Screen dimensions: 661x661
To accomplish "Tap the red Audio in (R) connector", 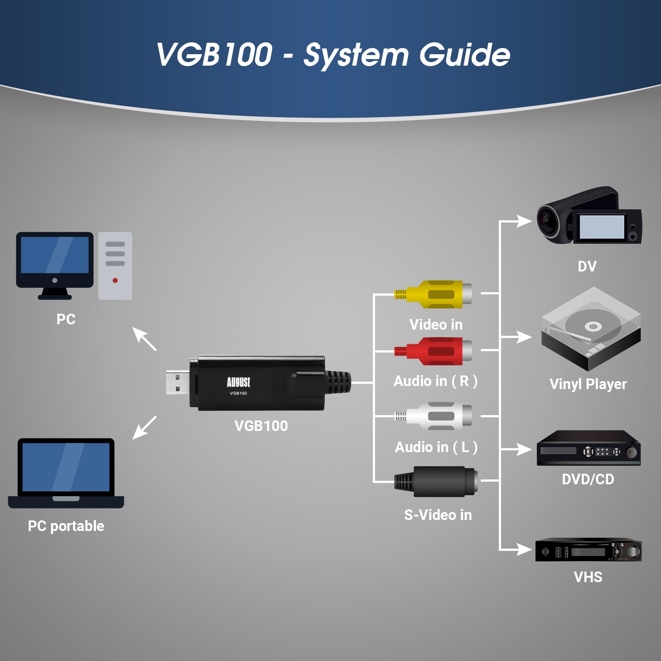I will pyautogui.click(x=434, y=351).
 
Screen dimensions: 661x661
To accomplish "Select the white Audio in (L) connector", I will pyautogui.click(x=434, y=416).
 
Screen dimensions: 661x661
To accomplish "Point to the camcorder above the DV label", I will pyautogui.click(x=588, y=216).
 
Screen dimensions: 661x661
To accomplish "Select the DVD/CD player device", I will pyautogui.click(x=588, y=449).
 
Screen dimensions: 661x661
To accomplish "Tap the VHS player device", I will pyautogui.click(x=588, y=550).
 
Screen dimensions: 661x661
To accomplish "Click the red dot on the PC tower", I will pyautogui.click(x=115, y=280).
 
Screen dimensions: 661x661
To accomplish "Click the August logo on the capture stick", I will pyautogui.click(x=238, y=382).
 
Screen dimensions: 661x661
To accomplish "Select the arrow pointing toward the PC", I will pyautogui.click(x=144, y=338).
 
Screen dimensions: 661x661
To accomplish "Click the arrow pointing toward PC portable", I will pyautogui.click(x=144, y=427).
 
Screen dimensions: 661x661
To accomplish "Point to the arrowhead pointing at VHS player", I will pyautogui.click(x=524, y=550).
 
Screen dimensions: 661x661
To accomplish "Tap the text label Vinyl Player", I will pyautogui.click(x=588, y=384).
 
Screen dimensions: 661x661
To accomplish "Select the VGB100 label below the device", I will pyautogui.click(x=261, y=426).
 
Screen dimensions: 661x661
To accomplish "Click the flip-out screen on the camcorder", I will pyautogui.click(x=602, y=227).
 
